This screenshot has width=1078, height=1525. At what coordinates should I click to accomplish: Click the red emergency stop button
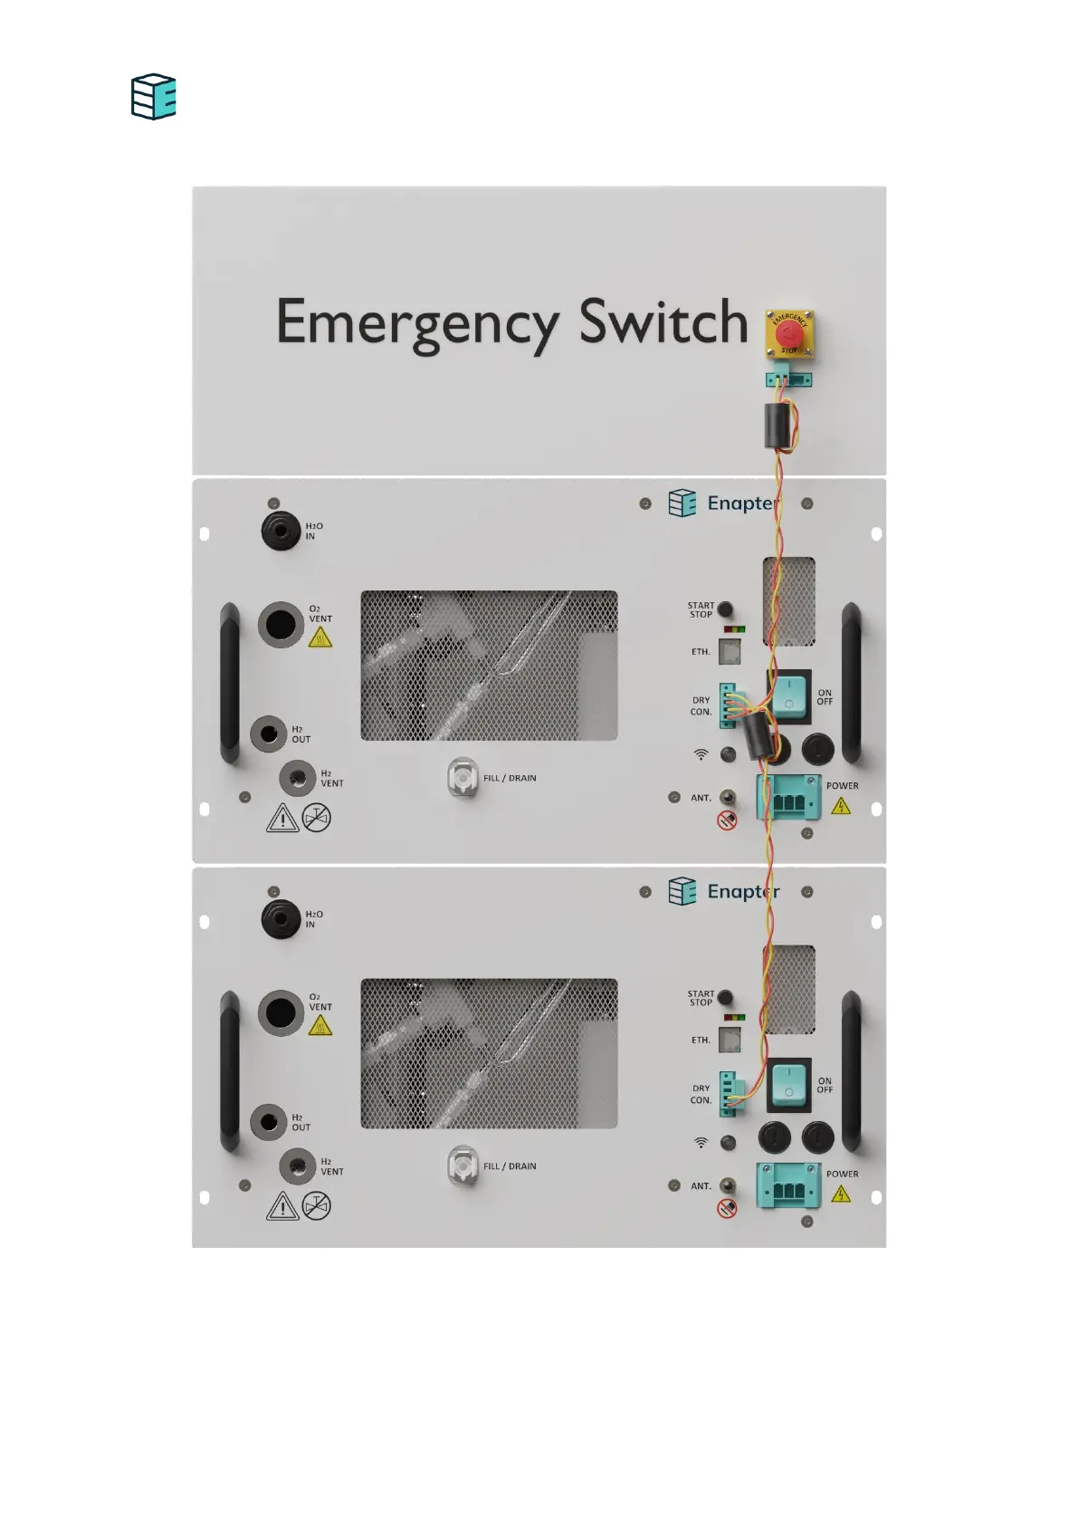pyautogui.click(x=789, y=332)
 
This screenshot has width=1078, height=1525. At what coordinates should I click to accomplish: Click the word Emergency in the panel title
pyautogui.click(x=417, y=324)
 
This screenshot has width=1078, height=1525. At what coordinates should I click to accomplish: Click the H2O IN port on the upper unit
pyautogui.click(x=281, y=531)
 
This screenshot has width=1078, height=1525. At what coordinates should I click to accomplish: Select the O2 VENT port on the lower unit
pyautogui.click(x=281, y=1012)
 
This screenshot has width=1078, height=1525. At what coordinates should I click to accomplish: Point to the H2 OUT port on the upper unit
pyautogui.click(x=269, y=734)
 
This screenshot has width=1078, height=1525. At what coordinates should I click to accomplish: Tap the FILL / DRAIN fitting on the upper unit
pyautogui.click(x=463, y=778)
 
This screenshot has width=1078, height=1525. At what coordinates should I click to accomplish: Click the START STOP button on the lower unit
pyautogui.click(x=725, y=998)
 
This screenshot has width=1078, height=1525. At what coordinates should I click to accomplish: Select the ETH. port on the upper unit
pyautogui.click(x=730, y=651)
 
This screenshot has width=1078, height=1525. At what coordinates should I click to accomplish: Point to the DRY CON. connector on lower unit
pyautogui.click(x=729, y=1093)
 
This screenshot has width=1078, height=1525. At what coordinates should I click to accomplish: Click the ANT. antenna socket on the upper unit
pyautogui.click(x=727, y=797)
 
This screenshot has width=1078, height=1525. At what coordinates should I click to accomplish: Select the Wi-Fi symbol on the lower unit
pyautogui.click(x=701, y=1143)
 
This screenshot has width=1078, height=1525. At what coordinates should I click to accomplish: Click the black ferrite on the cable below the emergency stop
pyautogui.click(x=777, y=427)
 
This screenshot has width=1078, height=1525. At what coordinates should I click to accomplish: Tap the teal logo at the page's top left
pyautogui.click(x=154, y=97)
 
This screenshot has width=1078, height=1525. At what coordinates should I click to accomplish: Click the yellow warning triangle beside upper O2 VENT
pyautogui.click(x=320, y=638)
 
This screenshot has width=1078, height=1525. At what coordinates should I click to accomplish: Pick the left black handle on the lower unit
pyautogui.click(x=230, y=1071)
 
